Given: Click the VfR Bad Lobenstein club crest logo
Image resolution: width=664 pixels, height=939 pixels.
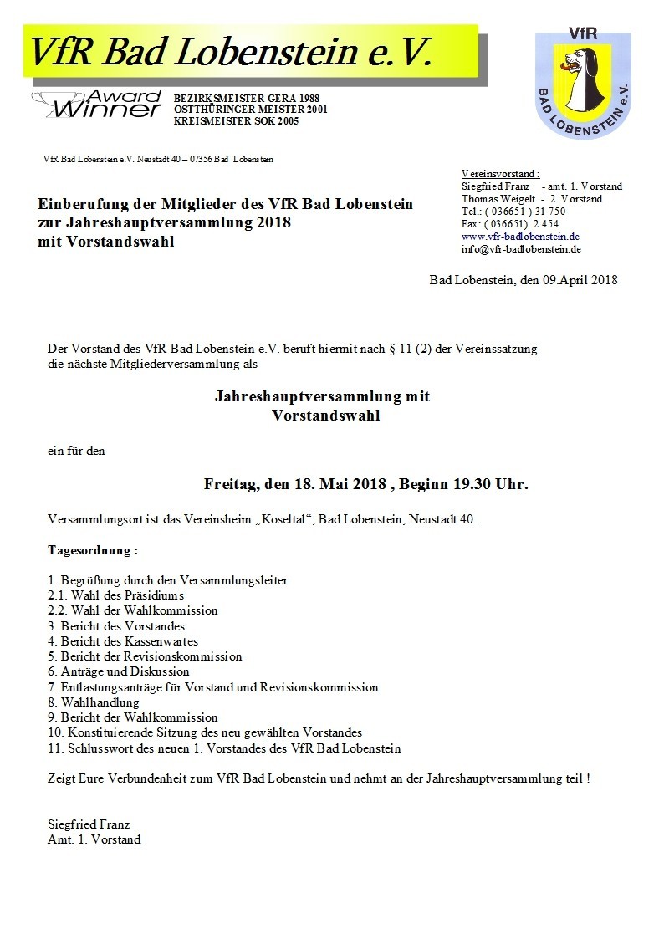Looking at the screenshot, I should [582, 82].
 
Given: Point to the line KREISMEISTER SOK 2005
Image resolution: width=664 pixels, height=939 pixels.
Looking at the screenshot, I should [236, 121].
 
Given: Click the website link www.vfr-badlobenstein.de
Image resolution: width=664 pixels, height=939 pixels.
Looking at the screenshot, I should [520, 237].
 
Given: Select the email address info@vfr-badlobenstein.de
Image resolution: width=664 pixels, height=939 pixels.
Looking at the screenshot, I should [521, 249].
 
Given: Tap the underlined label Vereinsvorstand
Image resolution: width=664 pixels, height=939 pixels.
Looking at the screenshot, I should [500, 174].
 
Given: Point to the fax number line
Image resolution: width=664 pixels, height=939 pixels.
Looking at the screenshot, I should [509, 224].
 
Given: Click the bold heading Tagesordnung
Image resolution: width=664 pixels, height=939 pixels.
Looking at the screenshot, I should [92, 551].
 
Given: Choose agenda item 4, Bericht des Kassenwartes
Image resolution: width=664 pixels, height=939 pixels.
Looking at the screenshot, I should [123, 641].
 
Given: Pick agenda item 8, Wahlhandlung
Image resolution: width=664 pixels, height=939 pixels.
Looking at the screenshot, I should [94, 702].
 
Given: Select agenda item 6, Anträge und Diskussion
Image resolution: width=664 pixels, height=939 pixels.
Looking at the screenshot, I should [119, 671].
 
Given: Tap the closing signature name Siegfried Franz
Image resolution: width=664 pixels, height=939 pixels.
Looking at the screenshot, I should [89, 824].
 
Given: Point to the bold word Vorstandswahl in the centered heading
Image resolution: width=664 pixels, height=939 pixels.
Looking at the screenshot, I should [325, 416].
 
